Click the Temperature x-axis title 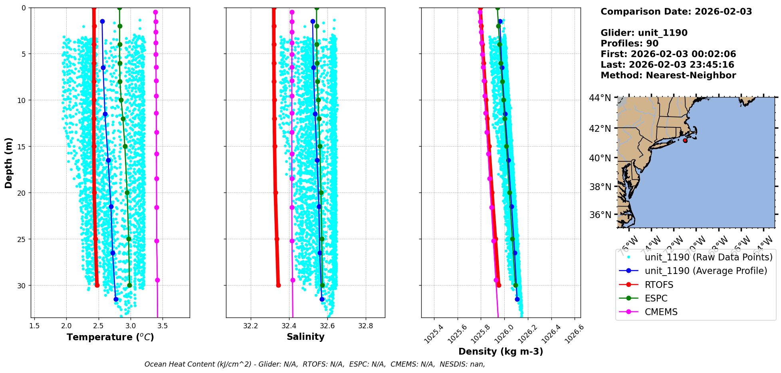(x=110, y=337)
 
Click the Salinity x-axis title (x=305, y=337)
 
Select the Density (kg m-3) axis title (x=501, y=351)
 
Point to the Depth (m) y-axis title (x=9, y=163)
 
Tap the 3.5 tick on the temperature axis (x=163, y=326)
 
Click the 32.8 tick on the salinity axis (x=365, y=326)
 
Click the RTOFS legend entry (x=659, y=285)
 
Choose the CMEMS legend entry (x=661, y=312)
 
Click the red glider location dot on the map (x=685, y=141)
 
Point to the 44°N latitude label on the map (x=600, y=98)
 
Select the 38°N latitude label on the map (x=600, y=187)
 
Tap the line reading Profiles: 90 (x=629, y=44)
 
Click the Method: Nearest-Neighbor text (x=668, y=75)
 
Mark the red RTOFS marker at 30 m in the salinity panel (x=278, y=285)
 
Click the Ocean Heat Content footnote (x=315, y=364)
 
